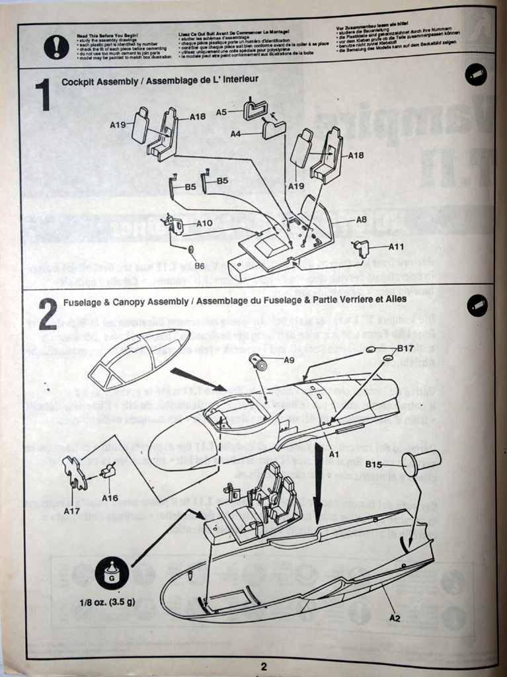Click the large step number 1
(43, 95)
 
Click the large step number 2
(48, 314)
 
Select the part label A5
(221, 112)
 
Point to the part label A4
(236, 134)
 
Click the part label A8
(362, 219)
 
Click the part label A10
(204, 223)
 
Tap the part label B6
(199, 265)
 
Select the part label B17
(406, 348)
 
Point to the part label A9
(289, 360)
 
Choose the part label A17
(72, 510)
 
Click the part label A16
(110, 498)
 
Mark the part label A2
(395, 617)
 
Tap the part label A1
(334, 455)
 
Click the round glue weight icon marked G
(112, 573)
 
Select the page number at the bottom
(263, 666)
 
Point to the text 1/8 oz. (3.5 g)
(106, 603)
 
